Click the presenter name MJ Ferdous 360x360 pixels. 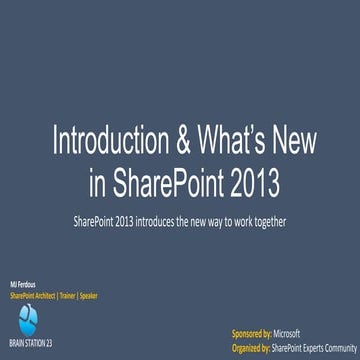coord(21,286)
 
